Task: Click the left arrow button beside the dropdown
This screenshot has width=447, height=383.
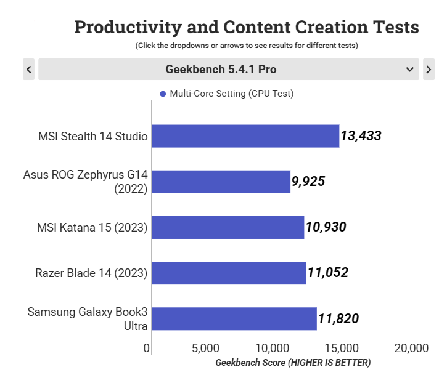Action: click(28, 70)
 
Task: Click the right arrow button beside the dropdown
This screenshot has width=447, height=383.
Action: click(429, 70)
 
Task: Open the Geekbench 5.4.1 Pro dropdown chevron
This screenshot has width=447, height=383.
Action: click(410, 70)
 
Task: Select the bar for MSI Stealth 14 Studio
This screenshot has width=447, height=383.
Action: click(245, 136)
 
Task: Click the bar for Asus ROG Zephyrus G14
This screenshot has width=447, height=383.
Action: click(221, 182)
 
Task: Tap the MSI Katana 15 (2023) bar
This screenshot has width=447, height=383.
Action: click(228, 227)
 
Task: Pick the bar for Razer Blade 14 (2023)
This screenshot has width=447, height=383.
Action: click(229, 273)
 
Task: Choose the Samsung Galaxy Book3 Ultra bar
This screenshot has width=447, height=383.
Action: click(234, 318)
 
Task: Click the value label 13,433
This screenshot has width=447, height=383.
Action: click(361, 136)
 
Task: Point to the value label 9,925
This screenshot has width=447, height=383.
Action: click(308, 182)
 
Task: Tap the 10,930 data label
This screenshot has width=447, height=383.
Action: click(326, 227)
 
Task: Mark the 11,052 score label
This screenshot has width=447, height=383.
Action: click(327, 273)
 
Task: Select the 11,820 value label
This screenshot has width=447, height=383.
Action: click(338, 318)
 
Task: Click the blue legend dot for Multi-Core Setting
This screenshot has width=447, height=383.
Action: click(163, 94)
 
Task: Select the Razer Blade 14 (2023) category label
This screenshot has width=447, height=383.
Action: click(91, 273)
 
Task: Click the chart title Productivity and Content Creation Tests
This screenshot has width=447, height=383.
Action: click(247, 28)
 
